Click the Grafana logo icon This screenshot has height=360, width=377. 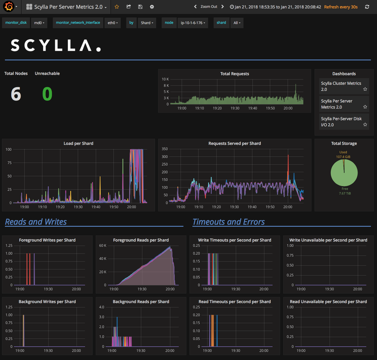(x=9, y=7)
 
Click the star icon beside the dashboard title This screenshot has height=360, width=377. (x=117, y=7)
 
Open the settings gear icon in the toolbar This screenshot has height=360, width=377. (x=152, y=7)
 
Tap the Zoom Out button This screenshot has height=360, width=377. (x=209, y=7)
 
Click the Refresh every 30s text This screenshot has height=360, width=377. (x=341, y=7)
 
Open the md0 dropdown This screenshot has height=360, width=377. (x=39, y=23)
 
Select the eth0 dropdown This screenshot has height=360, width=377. (x=113, y=23)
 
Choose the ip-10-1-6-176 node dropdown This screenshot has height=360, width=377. (x=193, y=23)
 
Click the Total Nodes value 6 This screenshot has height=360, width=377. (x=16, y=94)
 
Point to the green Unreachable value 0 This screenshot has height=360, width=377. (x=47, y=94)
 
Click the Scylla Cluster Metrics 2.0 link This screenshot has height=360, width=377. (x=341, y=86)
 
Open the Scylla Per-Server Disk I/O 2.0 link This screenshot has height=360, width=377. (x=341, y=122)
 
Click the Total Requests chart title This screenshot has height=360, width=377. (x=235, y=74)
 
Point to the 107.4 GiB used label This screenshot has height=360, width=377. (x=343, y=157)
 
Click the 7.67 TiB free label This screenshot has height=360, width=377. (x=345, y=193)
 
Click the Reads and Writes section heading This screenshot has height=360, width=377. (x=36, y=222)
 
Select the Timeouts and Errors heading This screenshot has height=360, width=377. (x=229, y=222)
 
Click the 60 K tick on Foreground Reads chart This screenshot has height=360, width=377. (x=103, y=246)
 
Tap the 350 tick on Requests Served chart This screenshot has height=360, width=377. (x=165, y=149)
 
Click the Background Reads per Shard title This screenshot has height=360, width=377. (x=141, y=302)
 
